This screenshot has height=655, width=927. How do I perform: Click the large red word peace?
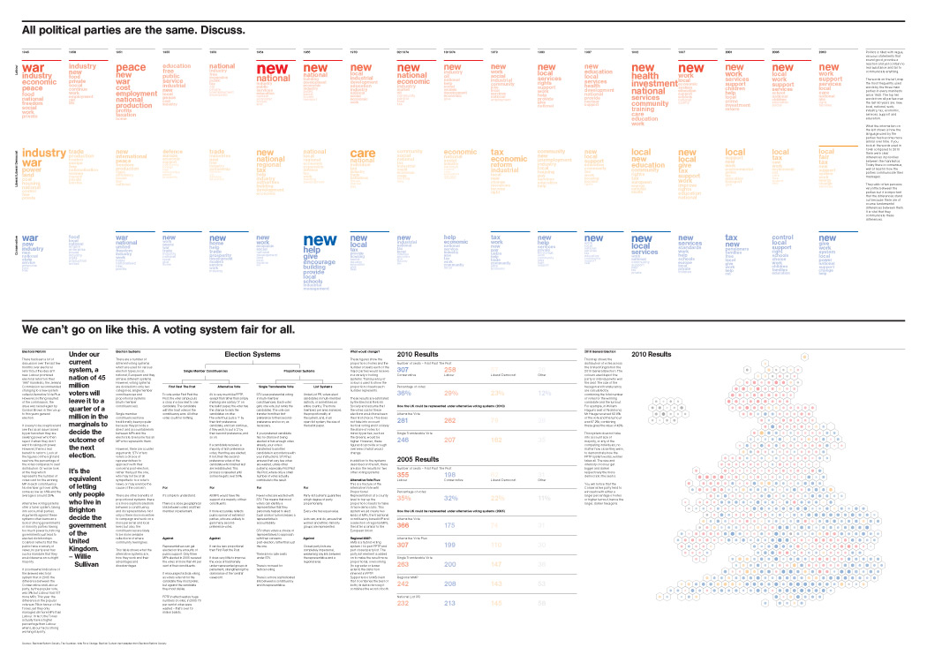pyautogui.click(x=131, y=68)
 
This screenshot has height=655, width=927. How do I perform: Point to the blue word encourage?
pyautogui.click(x=320, y=262)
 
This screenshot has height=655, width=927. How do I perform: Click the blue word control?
pyautogui.click(x=782, y=237)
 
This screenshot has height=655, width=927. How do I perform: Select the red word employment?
pyautogui.click(x=136, y=94)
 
